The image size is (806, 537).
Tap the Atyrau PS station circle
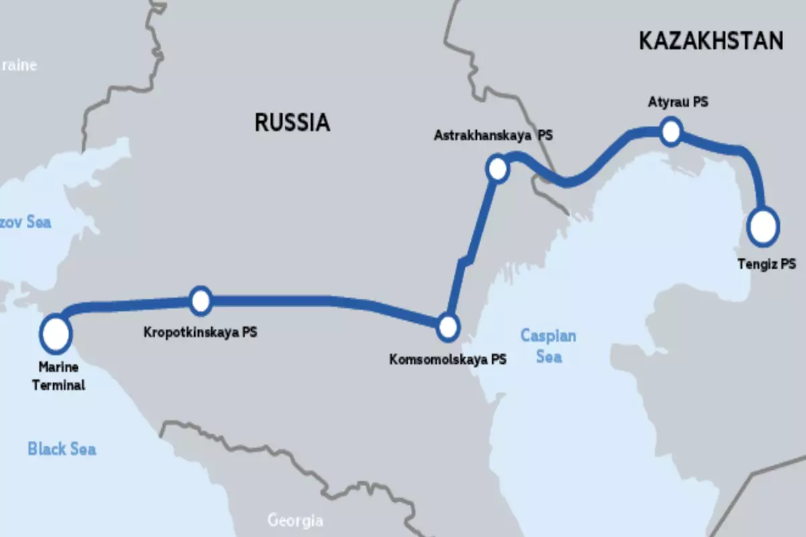pyautogui.click(x=671, y=131)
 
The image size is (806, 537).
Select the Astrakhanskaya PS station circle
pyautogui.click(x=498, y=168)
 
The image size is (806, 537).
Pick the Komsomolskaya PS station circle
pyautogui.click(x=447, y=328)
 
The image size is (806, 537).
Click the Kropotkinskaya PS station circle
pyautogui.click(x=201, y=301)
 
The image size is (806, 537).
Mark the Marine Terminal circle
pyautogui.click(x=56, y=334)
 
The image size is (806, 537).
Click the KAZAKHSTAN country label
pyautogui.click(x=711, y=41)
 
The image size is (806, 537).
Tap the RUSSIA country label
pyautogui.click(x=292, y=122)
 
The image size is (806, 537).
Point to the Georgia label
pyautogui.click(x=295, y=520)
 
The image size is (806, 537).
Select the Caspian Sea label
pyautogui.click(x=549, y=346)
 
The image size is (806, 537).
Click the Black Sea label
pyautogui.click(x=62, y=448)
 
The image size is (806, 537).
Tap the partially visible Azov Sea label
pyautogui.click(x=26, y=222)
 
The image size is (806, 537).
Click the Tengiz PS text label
pyautogui.click(x=766, y=264)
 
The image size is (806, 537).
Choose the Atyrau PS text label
pyautogui.click(x=678, y=103)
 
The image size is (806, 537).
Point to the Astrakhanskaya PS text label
pyautogui.click(x=493, y=135)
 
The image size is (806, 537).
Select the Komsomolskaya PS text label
pyautogui.click(x=448, y=359)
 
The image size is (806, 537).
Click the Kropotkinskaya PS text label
pyautogui.click(x=201, y=332)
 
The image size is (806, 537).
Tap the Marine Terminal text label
pyautogui.click(x=60, y=377)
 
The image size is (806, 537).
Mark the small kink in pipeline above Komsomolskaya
pyautogui.click(x=465, y=258)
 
